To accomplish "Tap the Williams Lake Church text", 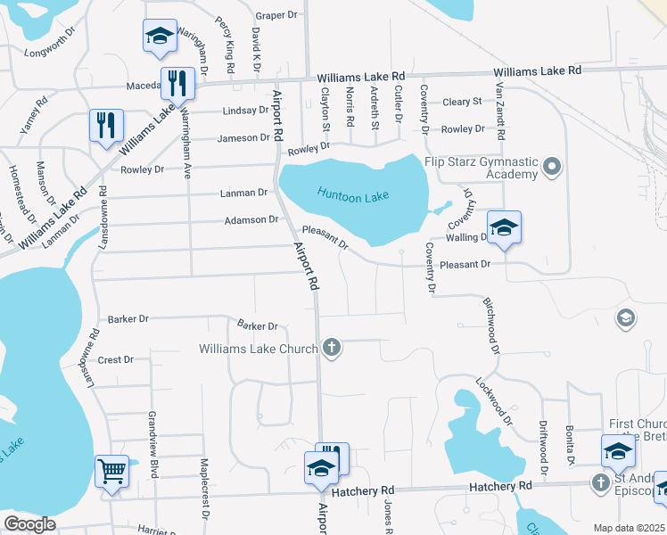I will pyautogui.click(x=258, y=348).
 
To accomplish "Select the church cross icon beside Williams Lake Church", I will pyautogui.click(x=332, y=348).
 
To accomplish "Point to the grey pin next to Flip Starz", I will pyautogui.click(x=552, y=166).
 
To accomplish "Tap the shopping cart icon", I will pyautogui.click(x=112, y=470).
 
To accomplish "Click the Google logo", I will pyautogui.click(x=29, y=523).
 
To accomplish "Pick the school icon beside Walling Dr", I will pyautogui.click(x=504, y=226).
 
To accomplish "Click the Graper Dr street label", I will pyautogui.click(x=276, y=15).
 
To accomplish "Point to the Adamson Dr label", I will pyautogui.click(x=246, y=219).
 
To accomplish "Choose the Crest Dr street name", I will pyautogui.click(x=116, y=360).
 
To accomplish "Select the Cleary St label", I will pyautogui.click(x=462, y=103).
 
